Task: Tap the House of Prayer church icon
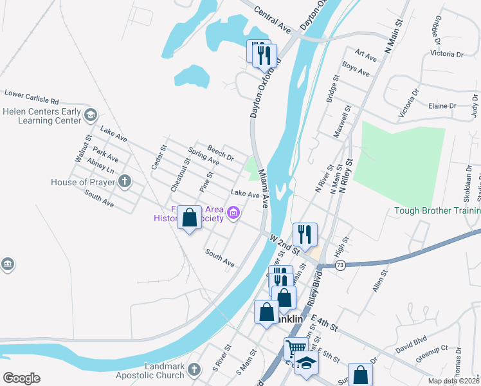(124, 182)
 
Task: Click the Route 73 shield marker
(340, 265)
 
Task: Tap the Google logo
(21, 378)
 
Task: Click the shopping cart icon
(296, 348)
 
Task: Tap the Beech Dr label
(220, 154)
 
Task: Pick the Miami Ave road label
(263, 188)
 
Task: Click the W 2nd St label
(286, 243)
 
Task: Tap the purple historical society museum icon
(233, 212)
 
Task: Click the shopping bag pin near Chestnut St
(189, 217)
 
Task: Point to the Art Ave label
(365, 56)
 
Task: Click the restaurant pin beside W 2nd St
(304, 234)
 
